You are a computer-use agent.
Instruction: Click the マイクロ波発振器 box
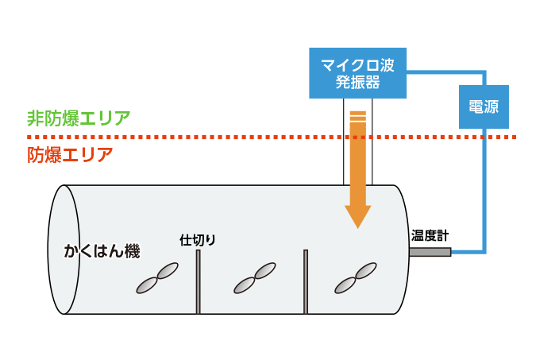tap(357, 72)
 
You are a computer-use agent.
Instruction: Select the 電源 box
tap(484, 106)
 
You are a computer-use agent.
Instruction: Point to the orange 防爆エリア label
tap(70, 154)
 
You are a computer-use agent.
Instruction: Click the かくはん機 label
tap(102, 252)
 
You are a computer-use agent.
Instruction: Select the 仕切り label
tap(198, 239)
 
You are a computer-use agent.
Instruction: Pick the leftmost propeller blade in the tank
tap(156, 279)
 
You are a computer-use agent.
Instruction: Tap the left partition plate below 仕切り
tap(198, 282)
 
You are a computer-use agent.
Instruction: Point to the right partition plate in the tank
tap(305, 282)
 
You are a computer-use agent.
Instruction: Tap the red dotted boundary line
tap(238, 137)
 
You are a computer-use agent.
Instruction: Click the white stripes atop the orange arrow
tap(358, 116)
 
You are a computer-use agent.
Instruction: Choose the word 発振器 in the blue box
tap(357, 82)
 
